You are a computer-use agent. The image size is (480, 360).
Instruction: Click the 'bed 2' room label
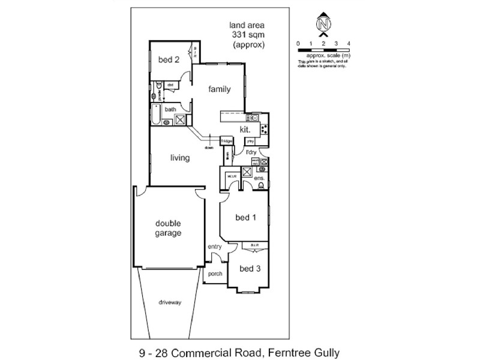[x=169, y=59]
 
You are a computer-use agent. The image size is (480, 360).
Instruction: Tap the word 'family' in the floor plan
[x=220, y=89]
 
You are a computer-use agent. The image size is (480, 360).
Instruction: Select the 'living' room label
[x=180, y=158]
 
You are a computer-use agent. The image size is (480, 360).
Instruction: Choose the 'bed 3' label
[x=250, y=269]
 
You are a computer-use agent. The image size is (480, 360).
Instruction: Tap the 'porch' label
[x=215, y=274]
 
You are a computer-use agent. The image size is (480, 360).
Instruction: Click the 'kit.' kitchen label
[x=245, y=129]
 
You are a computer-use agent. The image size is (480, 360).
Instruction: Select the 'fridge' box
[x=226, y=141]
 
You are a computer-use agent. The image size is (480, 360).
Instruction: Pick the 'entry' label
[x=214, y=247]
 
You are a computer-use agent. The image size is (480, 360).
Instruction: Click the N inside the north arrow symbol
[x=323, y=25]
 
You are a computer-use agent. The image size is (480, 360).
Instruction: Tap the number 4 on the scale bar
[x=349, y=44]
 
